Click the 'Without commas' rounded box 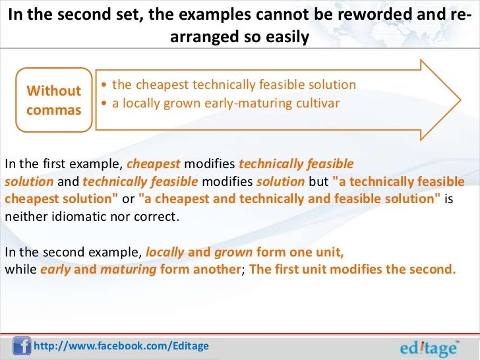(x=53, y=99)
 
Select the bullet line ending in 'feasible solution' (x=233, y=85)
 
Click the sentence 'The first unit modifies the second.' (x=351, y=269)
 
